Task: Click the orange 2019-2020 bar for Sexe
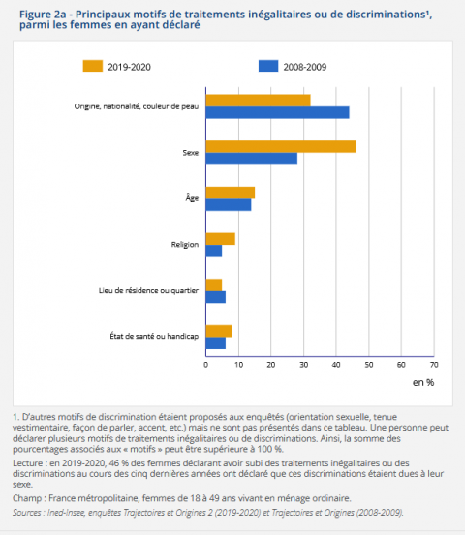[280, 146]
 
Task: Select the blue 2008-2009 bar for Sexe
[251, 159]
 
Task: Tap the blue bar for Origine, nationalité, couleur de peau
[277, 112]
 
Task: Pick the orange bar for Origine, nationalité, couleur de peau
[258, 100]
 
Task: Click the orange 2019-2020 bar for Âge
[230, 193]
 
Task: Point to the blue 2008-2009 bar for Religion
[213, 252]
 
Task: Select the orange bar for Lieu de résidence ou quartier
[213, 284]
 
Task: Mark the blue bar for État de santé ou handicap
[215, 343]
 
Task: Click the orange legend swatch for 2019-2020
[93, 66]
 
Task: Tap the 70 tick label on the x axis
[434, 365]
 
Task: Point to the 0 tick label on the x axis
[205, 365]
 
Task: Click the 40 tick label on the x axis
[336, 365]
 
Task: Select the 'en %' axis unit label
[423, 383]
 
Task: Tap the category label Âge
[192, 198]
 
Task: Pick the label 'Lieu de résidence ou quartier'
[149, 291]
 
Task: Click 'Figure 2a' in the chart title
[40, 13]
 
